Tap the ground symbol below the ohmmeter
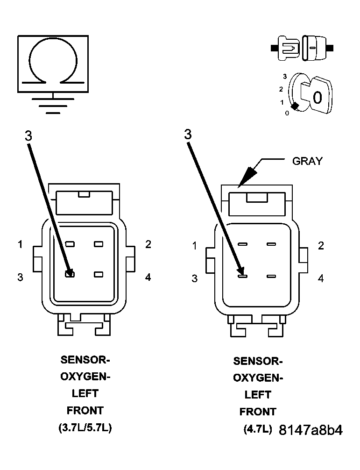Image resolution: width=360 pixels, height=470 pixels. pyautogui.click(x=53, y=106)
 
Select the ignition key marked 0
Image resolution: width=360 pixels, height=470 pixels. pyautogui.click(x=316, y=95)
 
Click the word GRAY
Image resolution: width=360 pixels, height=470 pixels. pyautogui.click(x=307, y=161)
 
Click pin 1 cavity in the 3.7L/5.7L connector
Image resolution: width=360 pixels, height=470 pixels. pyautogui.click(x=70, y=244)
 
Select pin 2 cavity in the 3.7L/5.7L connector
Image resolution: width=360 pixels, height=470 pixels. pyautogui.click(x=98, y=244)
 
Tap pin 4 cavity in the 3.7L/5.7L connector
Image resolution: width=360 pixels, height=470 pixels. pyautogui.click(x=98, y=274)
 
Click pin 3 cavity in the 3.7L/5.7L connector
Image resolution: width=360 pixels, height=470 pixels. pyautogui.click(x=70, y=274)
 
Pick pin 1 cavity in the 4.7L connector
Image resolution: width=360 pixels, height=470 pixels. pyautogui.click(x=242, y=244)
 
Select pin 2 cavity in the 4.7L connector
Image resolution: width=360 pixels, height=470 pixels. pyautogui.click(x=271, y=244)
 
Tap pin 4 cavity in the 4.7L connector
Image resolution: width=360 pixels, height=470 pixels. pyautogui.click(x=271, y=277)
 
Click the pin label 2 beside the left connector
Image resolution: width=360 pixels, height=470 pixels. pyautogui.click(x=148, y=244)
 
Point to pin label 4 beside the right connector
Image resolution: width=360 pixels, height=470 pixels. pyautogui.click(x=321, y=278)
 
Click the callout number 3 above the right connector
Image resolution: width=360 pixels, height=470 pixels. pyautogui.click(x=188, y=135)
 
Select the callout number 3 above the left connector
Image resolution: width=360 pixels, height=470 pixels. pyautogui.click(x=28, y=135)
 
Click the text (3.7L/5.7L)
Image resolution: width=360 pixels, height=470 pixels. pyautogui.click(x=85, y=428)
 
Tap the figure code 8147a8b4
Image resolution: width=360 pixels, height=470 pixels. pyautogui.click(x=311, y=430)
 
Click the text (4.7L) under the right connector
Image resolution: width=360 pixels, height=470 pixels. pyautogui.click(x=257, y=429)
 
